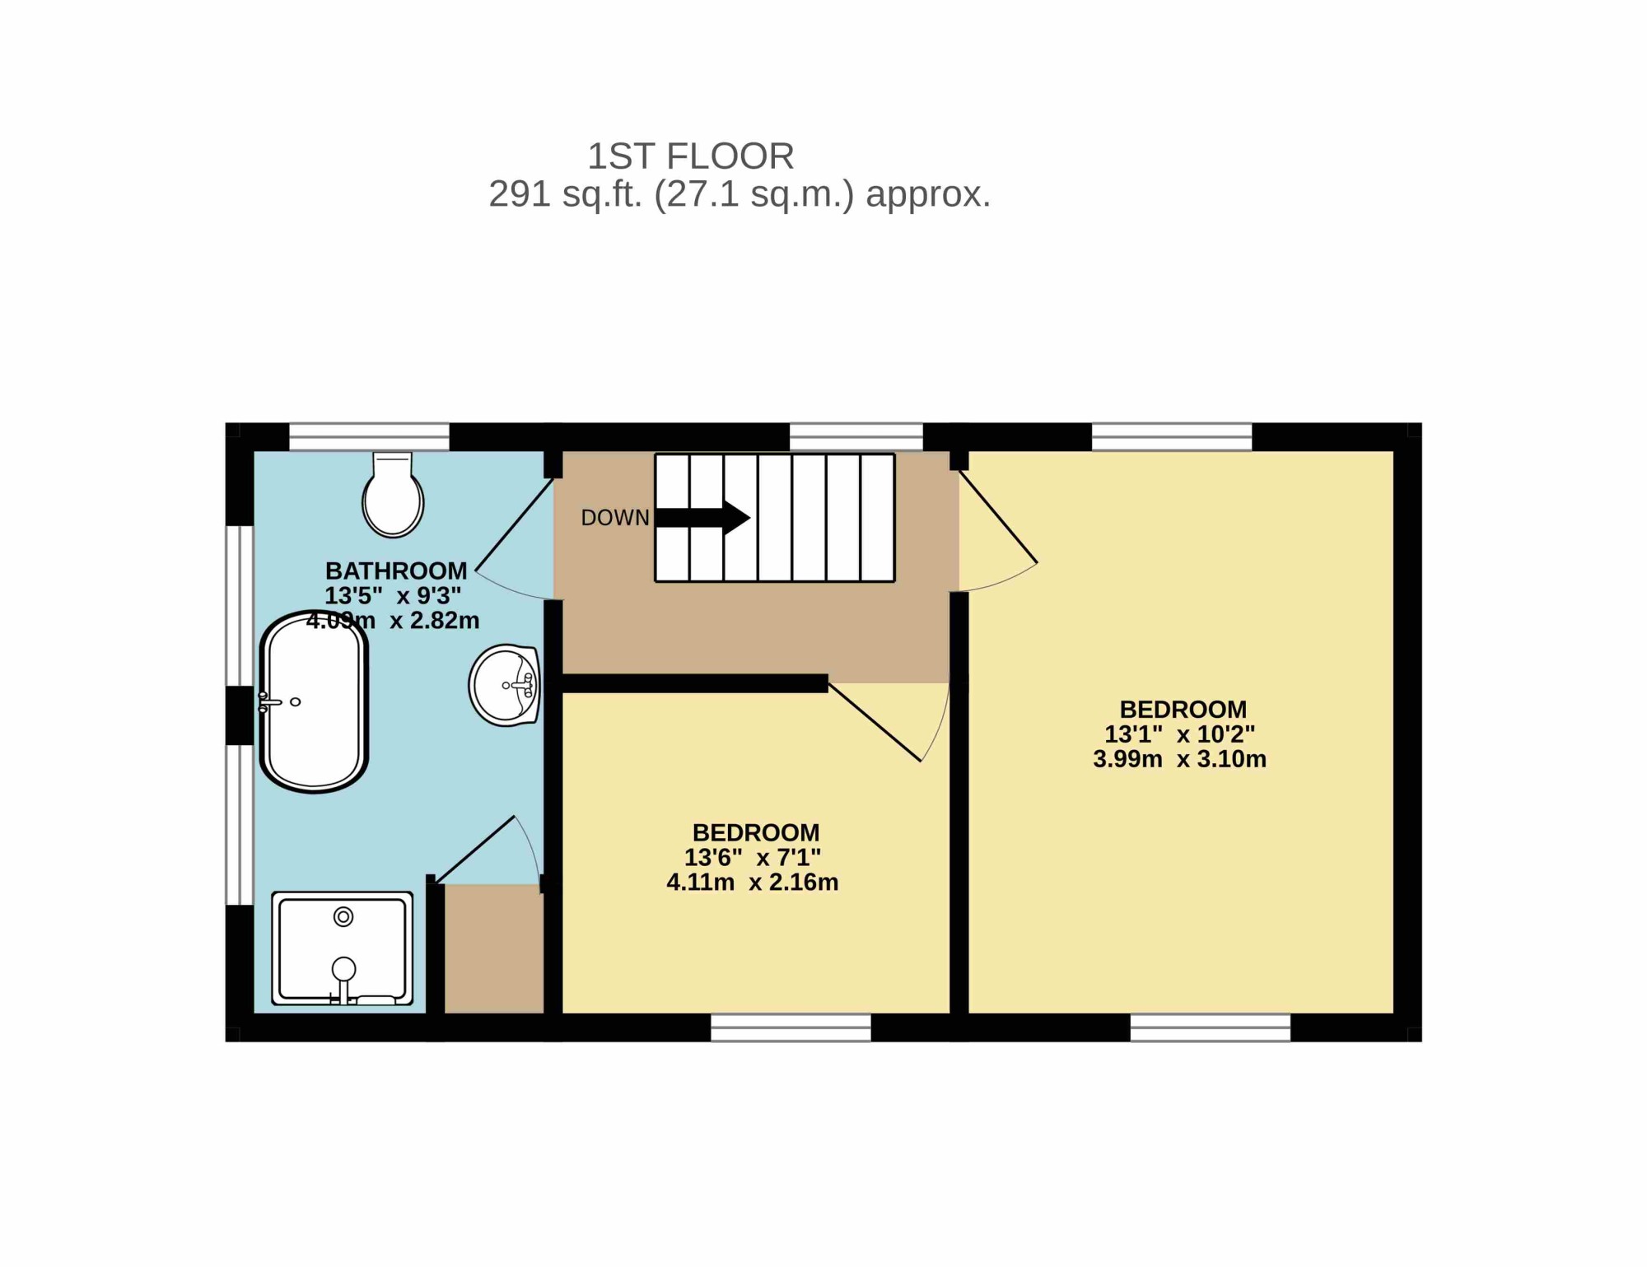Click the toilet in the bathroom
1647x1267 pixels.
click(393, 494)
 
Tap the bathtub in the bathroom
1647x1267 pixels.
click(314, 702)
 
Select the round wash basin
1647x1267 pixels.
click(504, 685)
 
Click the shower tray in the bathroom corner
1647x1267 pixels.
click(343, 948)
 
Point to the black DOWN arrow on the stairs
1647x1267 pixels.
click(702, 518)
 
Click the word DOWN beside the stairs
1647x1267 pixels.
click(615, 518)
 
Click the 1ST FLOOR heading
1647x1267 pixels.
click(690, 156)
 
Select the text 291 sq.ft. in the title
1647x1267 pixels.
click(566, 194)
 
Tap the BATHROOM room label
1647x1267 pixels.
click(396, 571)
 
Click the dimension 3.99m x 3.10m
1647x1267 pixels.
click(1179, 759)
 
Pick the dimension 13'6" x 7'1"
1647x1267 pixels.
click(753, 858)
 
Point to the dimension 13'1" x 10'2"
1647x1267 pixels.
click(1179, 734)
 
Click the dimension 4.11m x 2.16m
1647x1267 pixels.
click(753, 883)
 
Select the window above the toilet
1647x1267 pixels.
click(369, 437)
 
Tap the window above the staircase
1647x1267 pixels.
click(856, 437)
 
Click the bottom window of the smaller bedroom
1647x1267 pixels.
click(791, 1027)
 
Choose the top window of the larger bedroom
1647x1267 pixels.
click(1172, 437)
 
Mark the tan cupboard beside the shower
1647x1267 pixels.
click(494, 949)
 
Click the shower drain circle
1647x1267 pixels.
click(343, 916)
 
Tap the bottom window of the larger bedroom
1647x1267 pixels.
click(1211, 1027)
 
